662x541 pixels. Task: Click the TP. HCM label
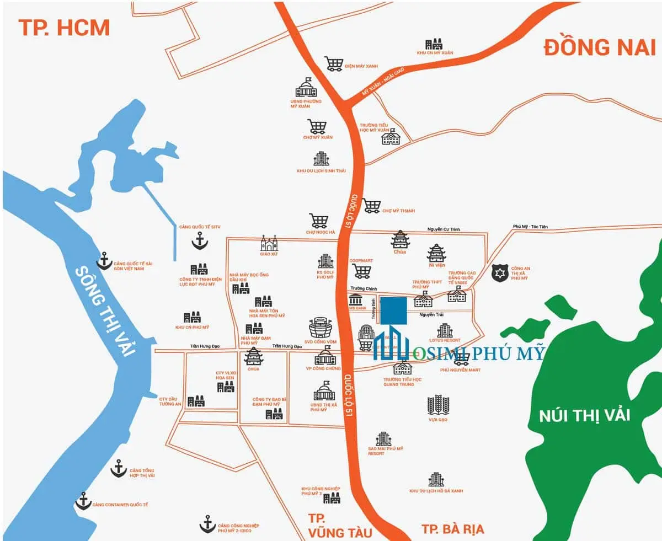tap(64, 27)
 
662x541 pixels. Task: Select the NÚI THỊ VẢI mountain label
tap(584, 415)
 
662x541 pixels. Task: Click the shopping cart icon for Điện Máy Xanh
tap(333, 64)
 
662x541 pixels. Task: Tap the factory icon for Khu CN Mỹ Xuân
tap(434, 44)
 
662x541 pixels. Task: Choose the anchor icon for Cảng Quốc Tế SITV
tap(199, 240)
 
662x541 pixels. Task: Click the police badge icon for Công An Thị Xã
tap(499, 272)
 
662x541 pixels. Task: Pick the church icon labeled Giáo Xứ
tap(270, 243)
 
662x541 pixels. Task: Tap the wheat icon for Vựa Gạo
tap(437, 405)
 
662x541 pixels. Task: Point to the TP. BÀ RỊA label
tap(452, 529)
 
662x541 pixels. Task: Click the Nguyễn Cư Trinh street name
tap(443, 229)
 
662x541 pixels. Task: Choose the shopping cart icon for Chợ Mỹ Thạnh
tap(371, 206)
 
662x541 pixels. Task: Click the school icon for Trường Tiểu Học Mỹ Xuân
tap(391, 138)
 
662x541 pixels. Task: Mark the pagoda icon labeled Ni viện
tap(436, 253)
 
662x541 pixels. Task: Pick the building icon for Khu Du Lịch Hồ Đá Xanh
tap(436, 479)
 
